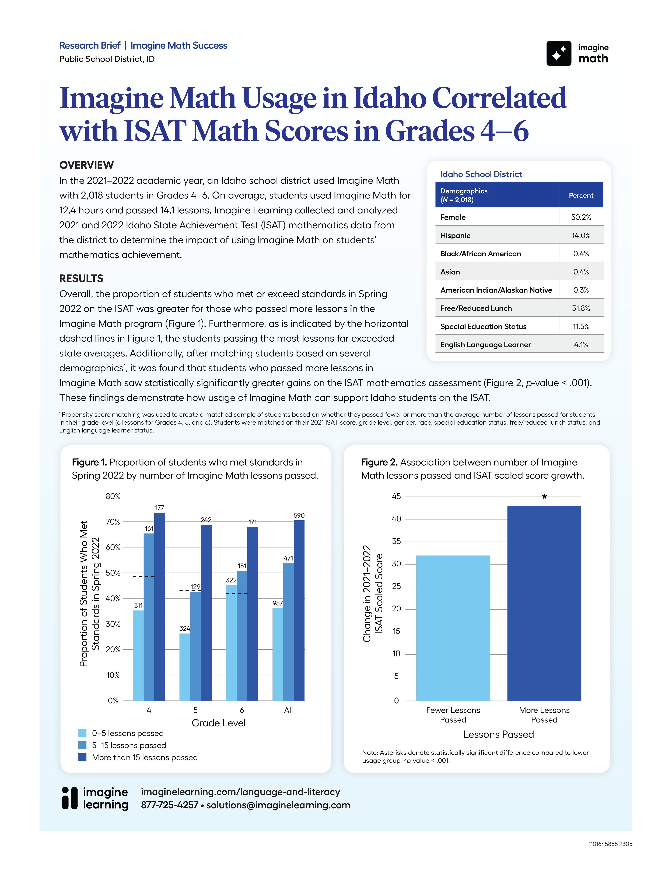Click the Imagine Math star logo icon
point(559,53)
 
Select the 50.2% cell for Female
point(581,217)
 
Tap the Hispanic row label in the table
point(455,235)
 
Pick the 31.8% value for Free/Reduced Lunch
point(581,308)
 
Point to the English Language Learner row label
point(485,345)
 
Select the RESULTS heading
point(81,278)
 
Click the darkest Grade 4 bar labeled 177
point(160,605)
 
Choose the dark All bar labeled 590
point(299,609)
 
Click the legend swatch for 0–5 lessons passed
point(82,733)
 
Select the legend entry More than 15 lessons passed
point(145,757)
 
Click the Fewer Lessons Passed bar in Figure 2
point(453,627)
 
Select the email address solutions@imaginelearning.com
point(278,805)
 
